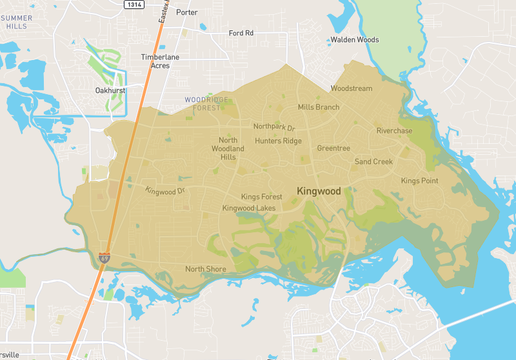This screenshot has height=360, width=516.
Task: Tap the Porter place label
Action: (186, 13)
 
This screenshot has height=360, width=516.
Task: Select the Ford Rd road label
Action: (241, 33)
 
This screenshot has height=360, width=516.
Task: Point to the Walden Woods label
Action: (354, 40)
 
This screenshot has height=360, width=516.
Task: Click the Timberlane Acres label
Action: (162, 62)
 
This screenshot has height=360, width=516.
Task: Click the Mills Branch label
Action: (319, 107)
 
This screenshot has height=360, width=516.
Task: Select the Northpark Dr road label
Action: (274, 127)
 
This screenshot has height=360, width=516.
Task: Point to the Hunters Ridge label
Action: (278, 141)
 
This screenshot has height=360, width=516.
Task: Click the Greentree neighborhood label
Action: (333, 148)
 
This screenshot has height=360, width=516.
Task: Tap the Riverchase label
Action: (394, 131)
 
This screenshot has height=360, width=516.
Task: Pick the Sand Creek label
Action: (373, 161)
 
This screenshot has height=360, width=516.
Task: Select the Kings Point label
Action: (419, 181)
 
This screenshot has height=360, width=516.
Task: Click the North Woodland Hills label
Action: (228, 148)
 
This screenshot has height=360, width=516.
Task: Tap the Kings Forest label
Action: (263, 197)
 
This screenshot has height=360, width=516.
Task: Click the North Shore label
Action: (205, 269)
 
